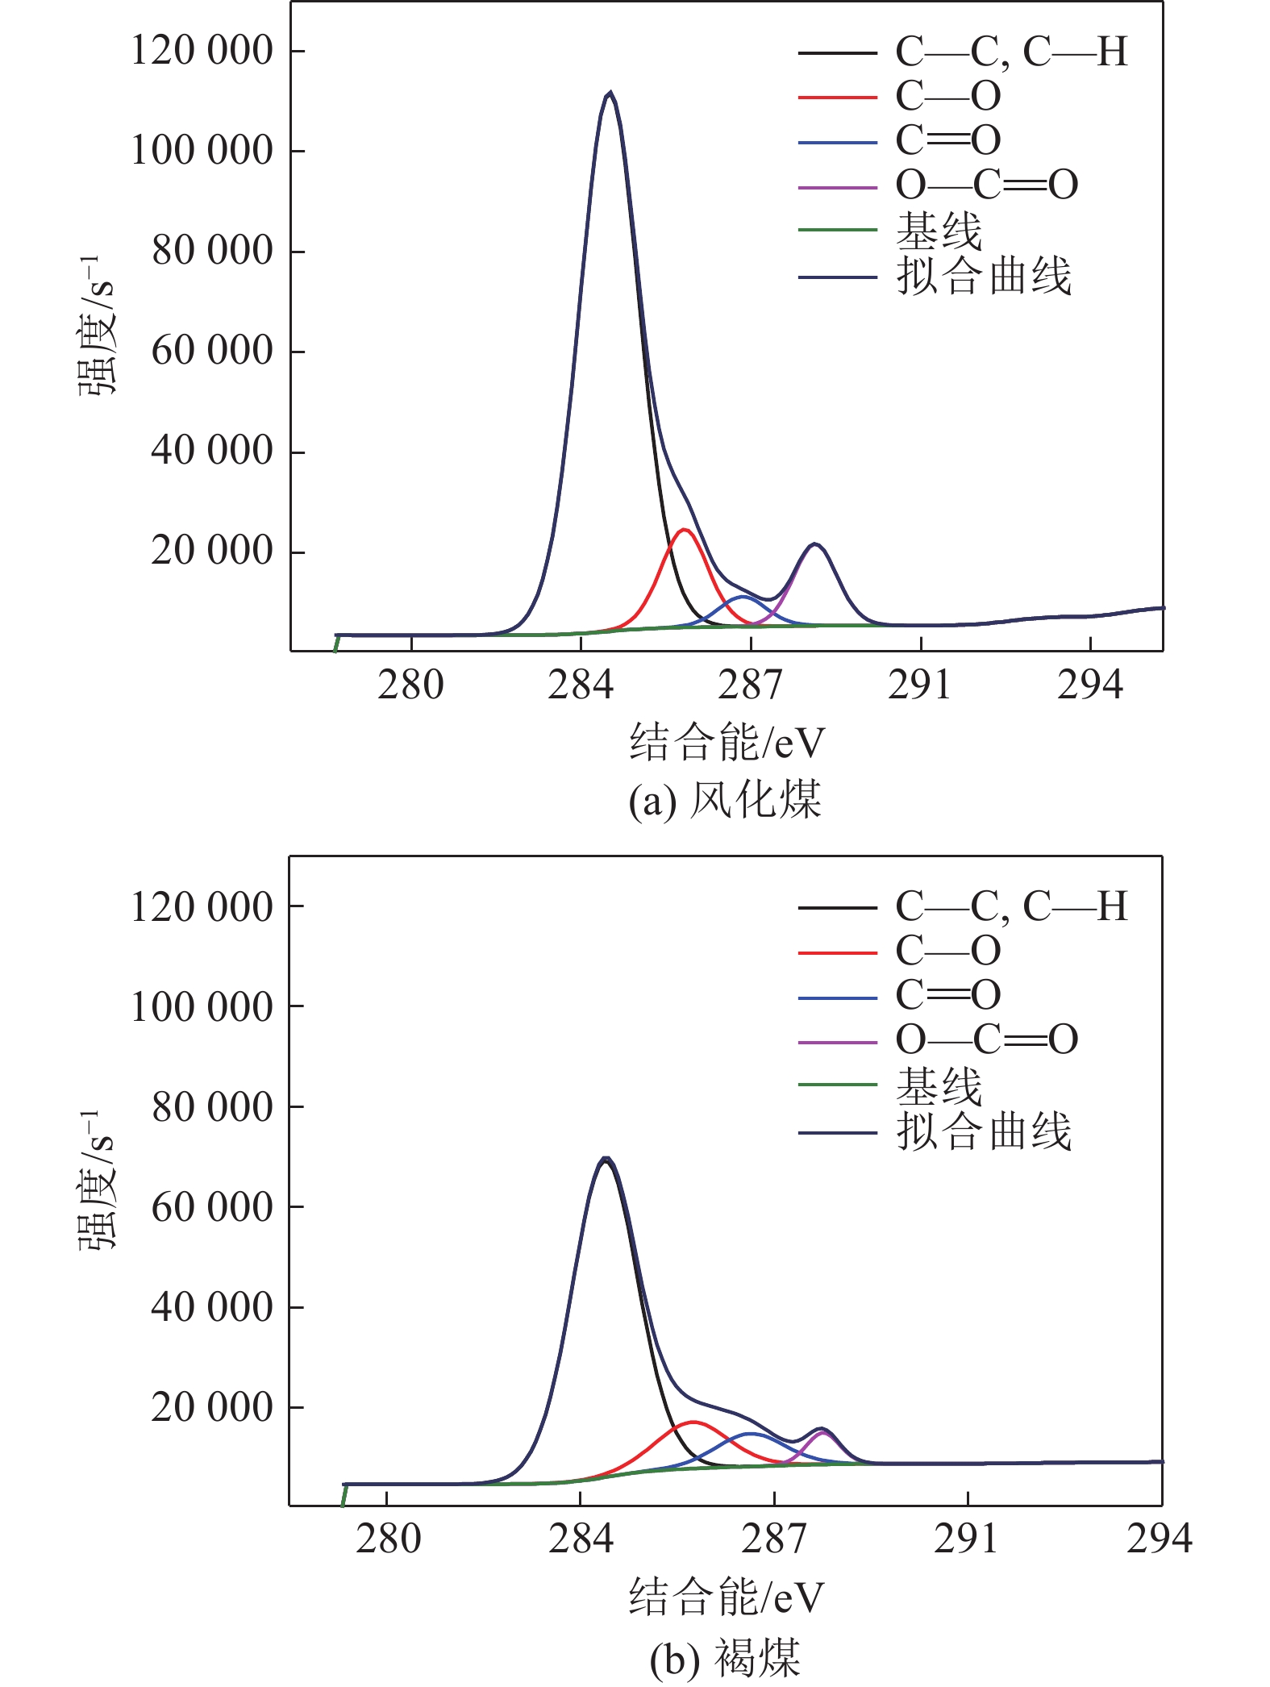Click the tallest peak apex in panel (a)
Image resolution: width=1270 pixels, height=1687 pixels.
pos(610,94)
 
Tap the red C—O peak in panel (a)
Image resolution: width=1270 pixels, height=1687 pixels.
pos(684,530)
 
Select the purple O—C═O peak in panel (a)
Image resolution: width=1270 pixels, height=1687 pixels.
pos(815,545)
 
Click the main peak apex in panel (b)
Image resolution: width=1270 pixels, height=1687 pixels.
pos(606,1159)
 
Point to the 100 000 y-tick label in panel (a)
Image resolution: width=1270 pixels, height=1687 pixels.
pos(202,151)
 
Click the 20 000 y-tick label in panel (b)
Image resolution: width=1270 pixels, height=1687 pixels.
pos(212,1407)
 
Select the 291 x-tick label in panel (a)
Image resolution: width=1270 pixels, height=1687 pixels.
pos(920,685)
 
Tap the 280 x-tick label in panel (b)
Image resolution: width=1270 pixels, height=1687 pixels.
pos(388,1539)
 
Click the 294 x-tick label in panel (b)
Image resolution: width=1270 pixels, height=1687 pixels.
pos(1158,1539)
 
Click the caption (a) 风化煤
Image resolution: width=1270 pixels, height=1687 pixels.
pos(724,800)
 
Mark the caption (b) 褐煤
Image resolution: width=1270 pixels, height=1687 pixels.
pos(724,1658)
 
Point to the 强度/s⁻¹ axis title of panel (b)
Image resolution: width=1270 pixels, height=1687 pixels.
pos(97,1179)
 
